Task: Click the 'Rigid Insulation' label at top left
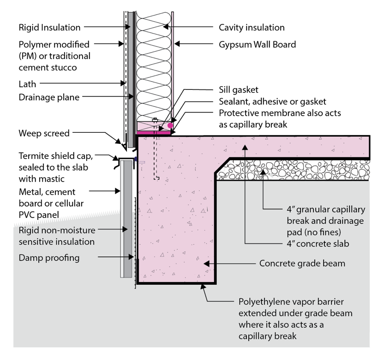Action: click(x=49, y=28)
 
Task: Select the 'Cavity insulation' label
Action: click(x=252, y=28)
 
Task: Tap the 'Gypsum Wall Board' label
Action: click(x=257, y=45)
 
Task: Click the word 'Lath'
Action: click(x=27, y=84)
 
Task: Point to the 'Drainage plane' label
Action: click(x=49, y=97)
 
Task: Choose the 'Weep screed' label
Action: click(x=44, y=133)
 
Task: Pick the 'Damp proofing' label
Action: click(x=49, y=258)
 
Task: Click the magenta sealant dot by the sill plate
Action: click(x=170, y=125)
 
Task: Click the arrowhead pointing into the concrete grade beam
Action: click(x=206, y=264)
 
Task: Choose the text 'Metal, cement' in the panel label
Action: click(x=47, y=192)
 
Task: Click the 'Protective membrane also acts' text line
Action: click(x=280, y=113)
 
